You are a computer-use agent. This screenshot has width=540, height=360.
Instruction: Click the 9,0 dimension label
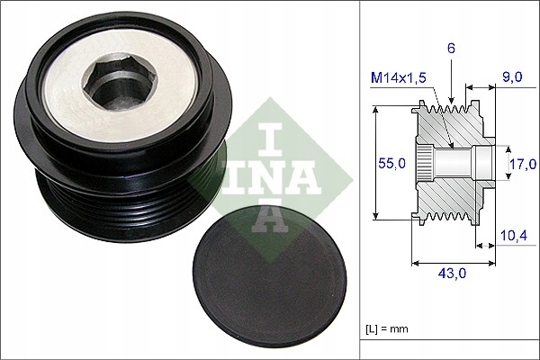click(x=513, y=79)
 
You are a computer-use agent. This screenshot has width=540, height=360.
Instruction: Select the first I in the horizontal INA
click(x=237, y=176)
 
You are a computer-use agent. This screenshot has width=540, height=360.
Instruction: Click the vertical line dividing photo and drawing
click(x=361, y=180)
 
